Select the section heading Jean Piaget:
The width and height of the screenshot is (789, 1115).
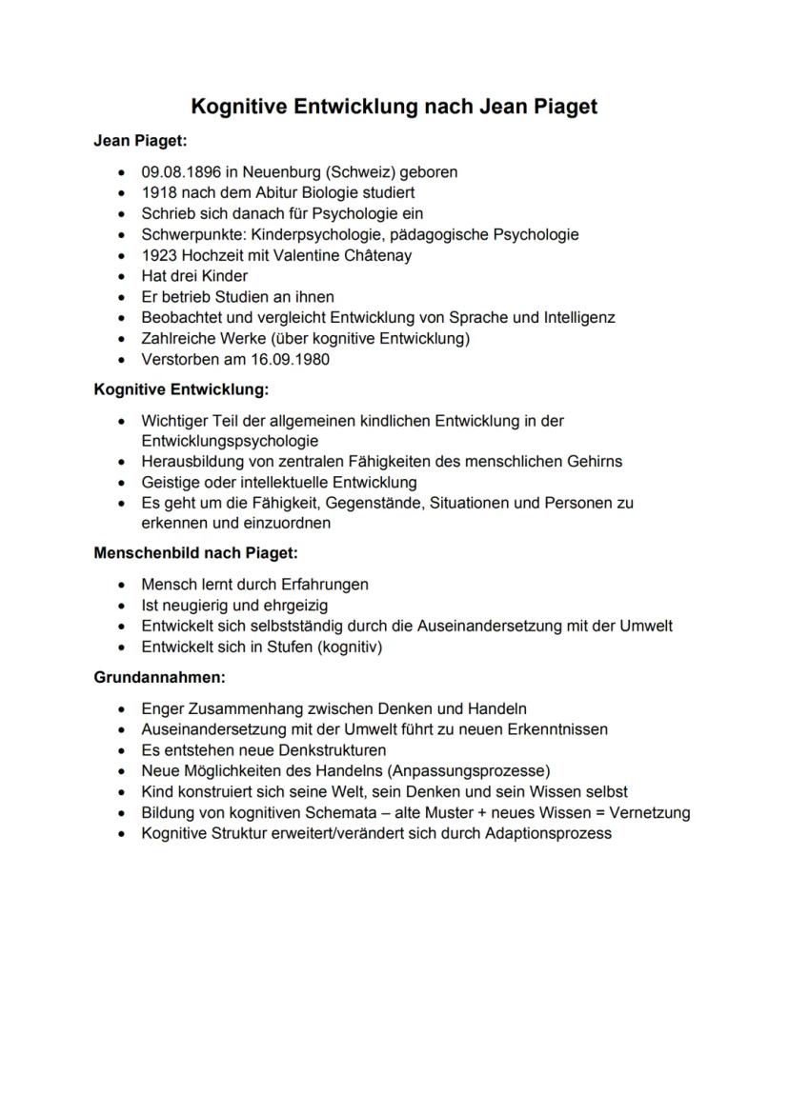point(140,141)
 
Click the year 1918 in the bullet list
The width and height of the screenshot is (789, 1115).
point(159,193)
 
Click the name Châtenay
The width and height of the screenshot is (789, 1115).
point(378,255)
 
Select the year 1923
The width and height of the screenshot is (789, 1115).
point(159,255)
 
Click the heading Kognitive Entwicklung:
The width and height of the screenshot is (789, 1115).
point(181,389)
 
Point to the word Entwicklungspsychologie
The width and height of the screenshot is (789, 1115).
point(230,441)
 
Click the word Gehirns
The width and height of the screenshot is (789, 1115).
point(593,462)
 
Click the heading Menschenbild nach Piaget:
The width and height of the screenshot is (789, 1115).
point(195,553)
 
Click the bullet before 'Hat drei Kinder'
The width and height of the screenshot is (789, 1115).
point(120,276)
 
